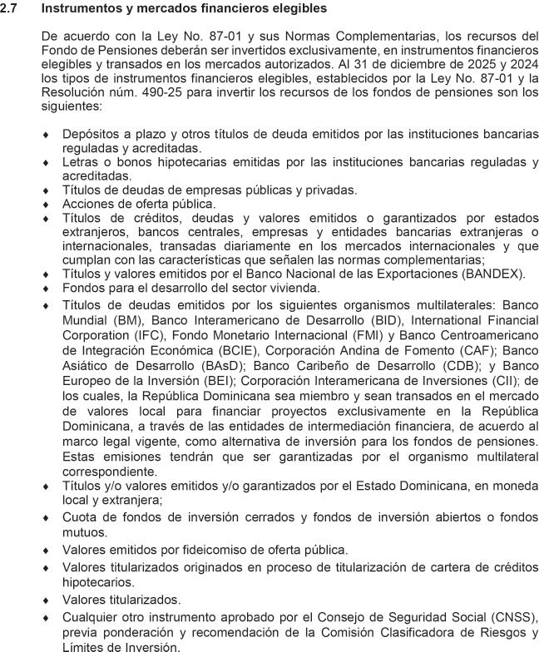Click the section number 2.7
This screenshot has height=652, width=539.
pyautogui.click(x=9, y=8)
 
